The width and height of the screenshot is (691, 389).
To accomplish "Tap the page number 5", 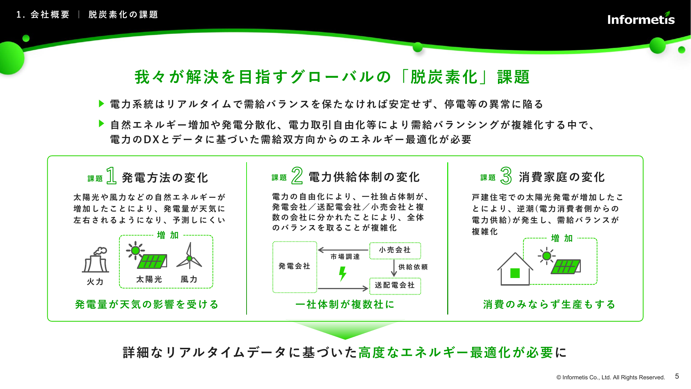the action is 677,376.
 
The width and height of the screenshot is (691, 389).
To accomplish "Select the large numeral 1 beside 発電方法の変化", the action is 111,175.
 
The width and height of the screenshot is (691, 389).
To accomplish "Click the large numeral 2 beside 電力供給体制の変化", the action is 297,175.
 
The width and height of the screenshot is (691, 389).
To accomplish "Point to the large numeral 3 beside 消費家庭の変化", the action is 506,175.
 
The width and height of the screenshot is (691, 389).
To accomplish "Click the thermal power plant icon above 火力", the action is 96,260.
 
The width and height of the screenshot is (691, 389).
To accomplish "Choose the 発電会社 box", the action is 295,267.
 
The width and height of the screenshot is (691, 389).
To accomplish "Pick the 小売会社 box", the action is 395,250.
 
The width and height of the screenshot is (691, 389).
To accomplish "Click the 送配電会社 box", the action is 395,286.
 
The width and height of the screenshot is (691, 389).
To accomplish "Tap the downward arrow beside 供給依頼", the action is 394,268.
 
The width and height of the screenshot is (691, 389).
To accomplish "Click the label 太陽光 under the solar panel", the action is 149,279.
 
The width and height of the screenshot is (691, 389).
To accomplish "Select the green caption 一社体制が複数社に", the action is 345,304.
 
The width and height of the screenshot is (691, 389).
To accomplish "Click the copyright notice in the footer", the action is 611,377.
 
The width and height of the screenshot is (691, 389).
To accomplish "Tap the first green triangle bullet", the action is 102,103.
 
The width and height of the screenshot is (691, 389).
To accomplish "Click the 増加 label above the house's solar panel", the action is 562,238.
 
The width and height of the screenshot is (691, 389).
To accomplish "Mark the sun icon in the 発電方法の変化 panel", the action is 135,250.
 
